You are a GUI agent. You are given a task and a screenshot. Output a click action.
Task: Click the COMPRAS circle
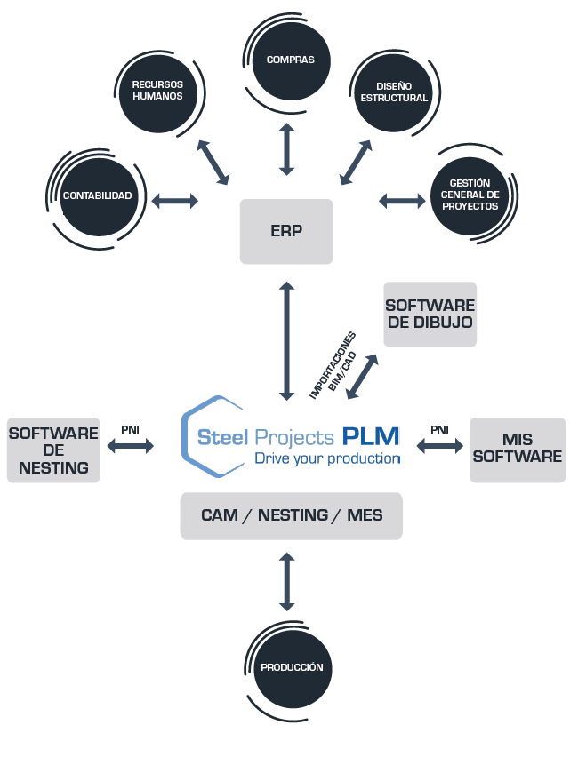291,60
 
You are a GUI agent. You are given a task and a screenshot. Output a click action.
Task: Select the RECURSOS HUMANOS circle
157,93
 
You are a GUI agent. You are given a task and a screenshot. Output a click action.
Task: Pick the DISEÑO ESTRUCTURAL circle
394,92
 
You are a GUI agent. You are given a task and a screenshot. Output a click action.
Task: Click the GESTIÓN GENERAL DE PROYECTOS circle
470,195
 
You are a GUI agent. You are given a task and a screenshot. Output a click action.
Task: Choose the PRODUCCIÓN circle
292,668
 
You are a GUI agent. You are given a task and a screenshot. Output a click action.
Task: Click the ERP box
286,231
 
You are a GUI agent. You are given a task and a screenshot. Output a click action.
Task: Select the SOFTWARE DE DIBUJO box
430,315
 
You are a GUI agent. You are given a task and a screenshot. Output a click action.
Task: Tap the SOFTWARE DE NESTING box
53,450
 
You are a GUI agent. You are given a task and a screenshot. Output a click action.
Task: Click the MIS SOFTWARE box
518,450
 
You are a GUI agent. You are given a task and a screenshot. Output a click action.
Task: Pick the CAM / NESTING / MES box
292,515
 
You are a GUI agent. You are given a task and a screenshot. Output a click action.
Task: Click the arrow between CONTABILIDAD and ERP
175,201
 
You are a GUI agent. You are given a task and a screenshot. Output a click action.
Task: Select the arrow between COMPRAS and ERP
286,149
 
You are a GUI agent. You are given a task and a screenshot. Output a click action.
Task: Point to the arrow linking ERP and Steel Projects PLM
286,341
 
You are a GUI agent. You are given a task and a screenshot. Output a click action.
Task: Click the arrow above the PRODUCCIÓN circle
286,582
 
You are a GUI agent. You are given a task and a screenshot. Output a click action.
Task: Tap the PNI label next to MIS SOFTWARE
439,429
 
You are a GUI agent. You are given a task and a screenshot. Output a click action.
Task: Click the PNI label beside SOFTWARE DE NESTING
131,429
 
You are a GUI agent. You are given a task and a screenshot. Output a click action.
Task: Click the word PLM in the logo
371,436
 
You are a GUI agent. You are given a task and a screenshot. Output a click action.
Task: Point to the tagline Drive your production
328,458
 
